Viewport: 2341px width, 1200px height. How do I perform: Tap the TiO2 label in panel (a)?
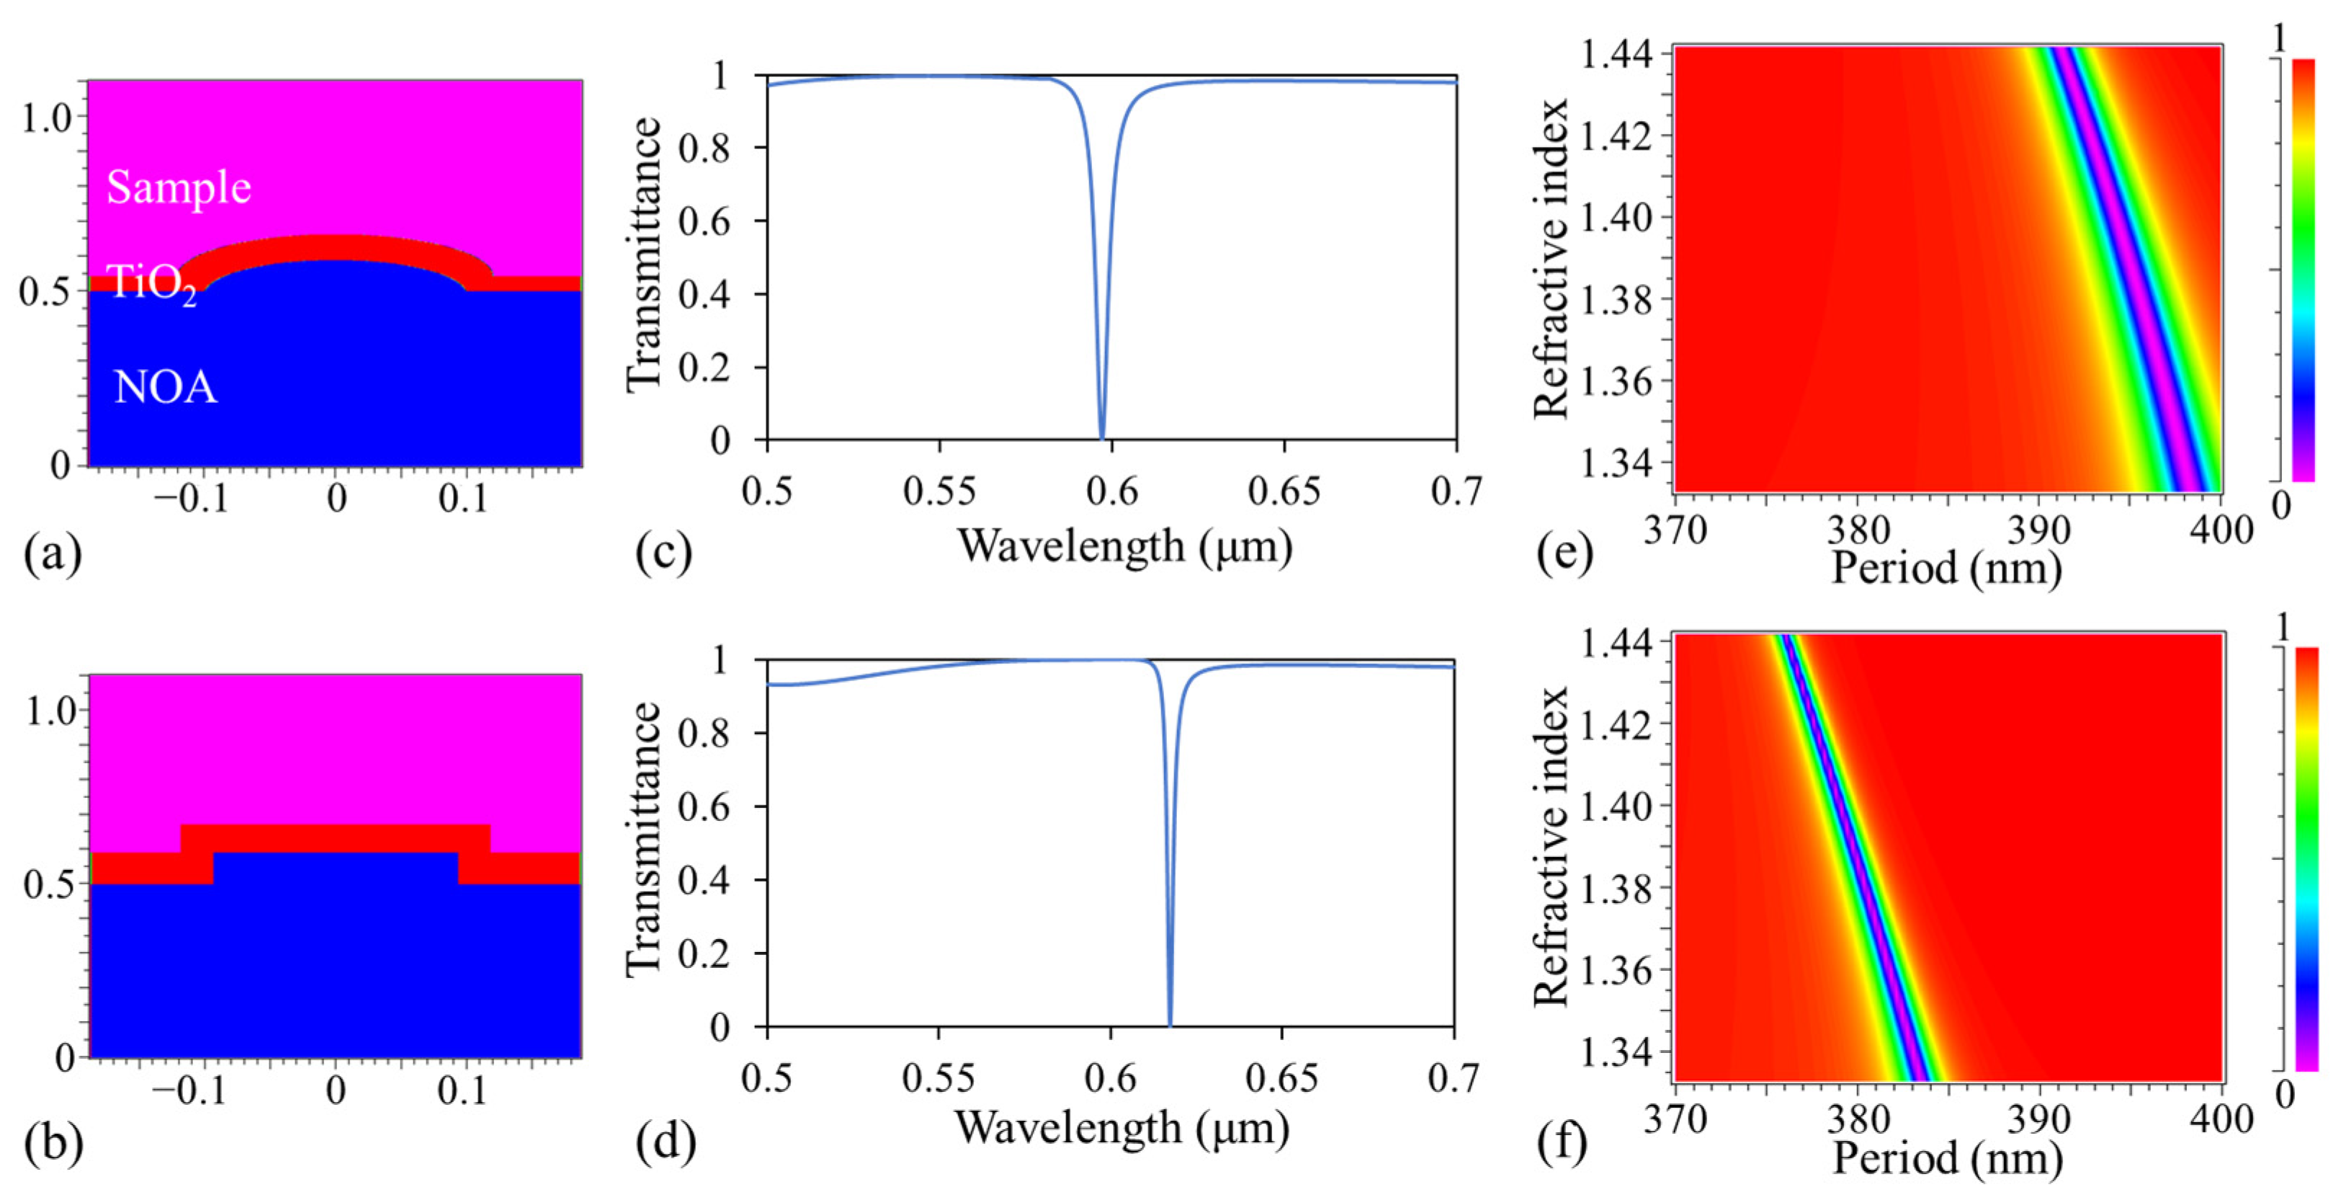[x=151, y=284]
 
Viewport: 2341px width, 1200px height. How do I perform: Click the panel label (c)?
[x=663, y=552]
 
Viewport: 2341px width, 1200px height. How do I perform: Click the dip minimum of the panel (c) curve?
[x=1102, y=438]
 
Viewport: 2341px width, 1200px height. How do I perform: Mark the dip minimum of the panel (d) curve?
[x=1170, y=1025]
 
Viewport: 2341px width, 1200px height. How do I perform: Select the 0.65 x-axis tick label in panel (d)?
[x=1281, y=1078]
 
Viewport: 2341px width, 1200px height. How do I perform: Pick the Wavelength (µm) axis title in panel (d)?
[x=1122, y=1128]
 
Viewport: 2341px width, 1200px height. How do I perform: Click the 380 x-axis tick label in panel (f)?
[x=1858, y=1119]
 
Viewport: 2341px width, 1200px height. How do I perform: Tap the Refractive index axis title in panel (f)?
[x=1550, y=845]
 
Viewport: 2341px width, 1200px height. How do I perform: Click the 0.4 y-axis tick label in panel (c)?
[x=704, y=295]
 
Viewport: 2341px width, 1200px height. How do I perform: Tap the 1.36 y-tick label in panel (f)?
[x=1616, y=970]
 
